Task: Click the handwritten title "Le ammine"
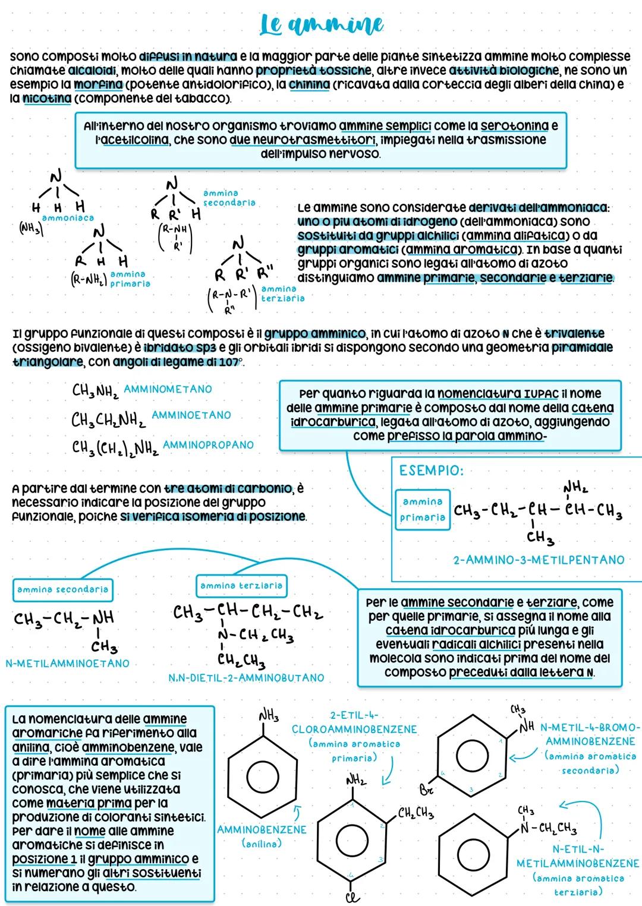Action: coord(322,25)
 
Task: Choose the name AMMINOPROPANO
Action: coord(208,444)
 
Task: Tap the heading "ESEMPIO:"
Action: coord(431,471)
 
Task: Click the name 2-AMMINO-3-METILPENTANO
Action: coord(539,560)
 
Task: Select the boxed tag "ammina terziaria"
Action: coord(241,586)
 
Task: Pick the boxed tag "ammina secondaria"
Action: coord(62,589)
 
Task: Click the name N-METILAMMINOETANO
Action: coord(67,663)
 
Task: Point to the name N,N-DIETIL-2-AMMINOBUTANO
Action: coord(246,677)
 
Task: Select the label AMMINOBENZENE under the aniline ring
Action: coord(262,829)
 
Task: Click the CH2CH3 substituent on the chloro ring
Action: coord(416,813)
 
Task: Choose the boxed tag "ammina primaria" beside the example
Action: coord(422,510)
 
